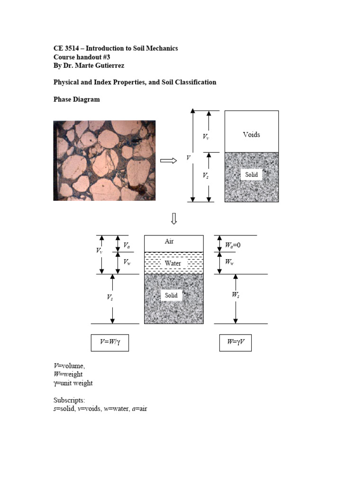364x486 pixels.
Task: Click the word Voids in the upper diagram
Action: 251,134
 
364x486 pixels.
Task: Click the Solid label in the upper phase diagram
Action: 251,175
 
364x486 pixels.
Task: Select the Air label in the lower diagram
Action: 169,241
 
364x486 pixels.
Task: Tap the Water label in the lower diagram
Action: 173,263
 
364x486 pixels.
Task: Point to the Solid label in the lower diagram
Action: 171,295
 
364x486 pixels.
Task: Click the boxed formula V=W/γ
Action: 109,342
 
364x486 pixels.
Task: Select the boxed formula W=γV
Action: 235,342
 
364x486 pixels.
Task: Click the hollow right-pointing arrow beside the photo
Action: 168,160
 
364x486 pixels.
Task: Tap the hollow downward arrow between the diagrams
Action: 174,218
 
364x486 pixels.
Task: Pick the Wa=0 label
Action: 232,245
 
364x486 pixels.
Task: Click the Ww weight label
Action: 229,262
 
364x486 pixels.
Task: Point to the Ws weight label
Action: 236,295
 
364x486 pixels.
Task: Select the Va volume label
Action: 127,245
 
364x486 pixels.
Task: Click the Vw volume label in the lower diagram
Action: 127,262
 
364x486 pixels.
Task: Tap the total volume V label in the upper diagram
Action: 188,157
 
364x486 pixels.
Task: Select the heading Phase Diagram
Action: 76,99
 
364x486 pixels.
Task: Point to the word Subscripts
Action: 69,400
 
